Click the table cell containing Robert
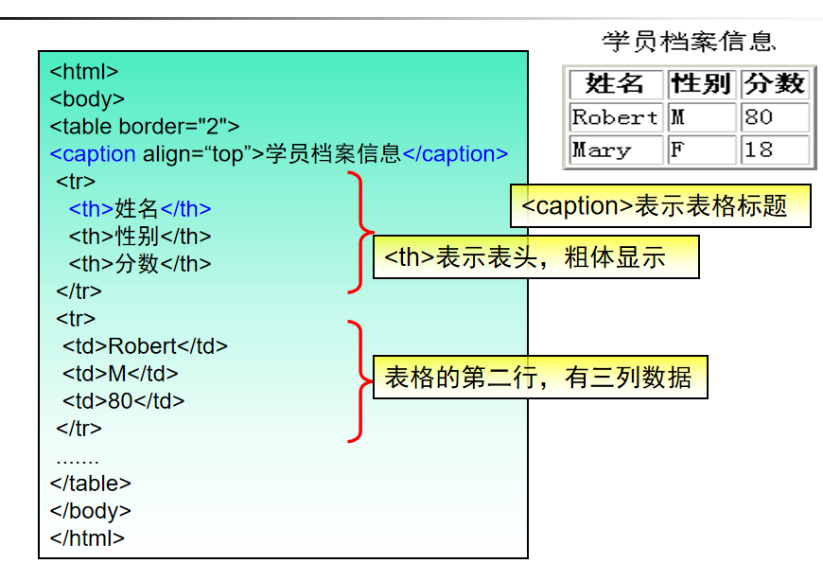tap(615, 117)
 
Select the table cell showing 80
tap(774, 117)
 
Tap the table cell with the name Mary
tap(615, 150)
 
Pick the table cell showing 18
tap(774, 150)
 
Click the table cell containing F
tap(701, 150)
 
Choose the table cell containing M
tap(701, 117)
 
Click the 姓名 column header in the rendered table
tap(615, 84)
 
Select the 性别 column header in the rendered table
tap(701, 84)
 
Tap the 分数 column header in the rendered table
tap(774, 84)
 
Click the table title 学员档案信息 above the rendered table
tap(689, 42)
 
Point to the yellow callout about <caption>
tap(659, 206)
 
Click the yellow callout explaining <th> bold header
tap(535, 257)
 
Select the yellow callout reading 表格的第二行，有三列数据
tap(539, 379)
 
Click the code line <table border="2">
tap(145, 126)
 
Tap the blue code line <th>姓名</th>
tap(140, 208)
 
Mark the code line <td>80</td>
tap(123, 400)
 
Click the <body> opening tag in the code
tap(87, 98)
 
